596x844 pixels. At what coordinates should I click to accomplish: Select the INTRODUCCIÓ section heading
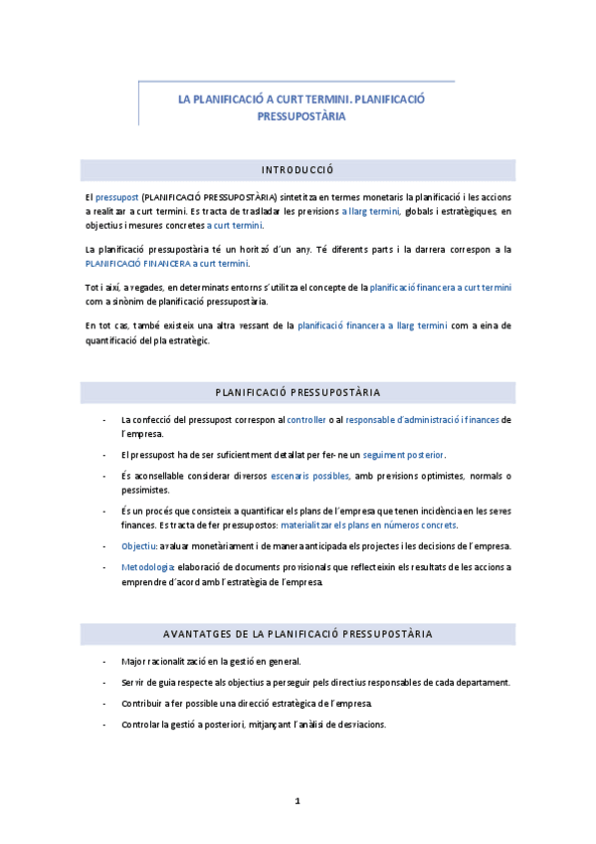tap(297, 169)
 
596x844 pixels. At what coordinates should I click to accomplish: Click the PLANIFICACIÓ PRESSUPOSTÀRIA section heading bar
tap(297, 392)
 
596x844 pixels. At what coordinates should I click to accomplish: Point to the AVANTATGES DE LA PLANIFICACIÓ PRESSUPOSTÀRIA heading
tap(297, 634)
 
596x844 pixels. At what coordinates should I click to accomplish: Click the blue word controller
tap(306, 420)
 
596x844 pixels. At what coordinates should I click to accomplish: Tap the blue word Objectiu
tap(139, 545)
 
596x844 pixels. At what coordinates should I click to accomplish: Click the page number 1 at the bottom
tap(297, 801)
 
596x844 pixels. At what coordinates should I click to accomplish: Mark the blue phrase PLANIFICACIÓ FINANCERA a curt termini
tap(167, 264)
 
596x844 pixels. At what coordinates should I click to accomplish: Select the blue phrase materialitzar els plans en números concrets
tap(369, 525)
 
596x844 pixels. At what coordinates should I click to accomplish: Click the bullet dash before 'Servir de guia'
tap(105, 683)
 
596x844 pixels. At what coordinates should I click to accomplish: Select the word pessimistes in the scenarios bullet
tap(145, 490)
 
